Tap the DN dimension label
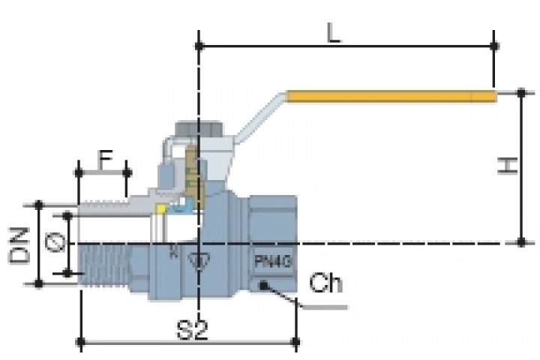[20, 245]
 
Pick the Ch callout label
[326, 286]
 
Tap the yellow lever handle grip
[390, 96]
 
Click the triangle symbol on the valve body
[199, 262]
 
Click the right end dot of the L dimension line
[493, 46]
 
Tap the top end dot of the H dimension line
[521, 93]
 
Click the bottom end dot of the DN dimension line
[38, 284]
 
